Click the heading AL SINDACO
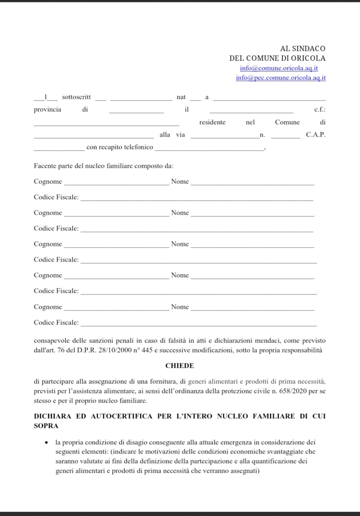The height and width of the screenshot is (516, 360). tap(303, 48)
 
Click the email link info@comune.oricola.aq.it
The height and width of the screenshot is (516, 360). tap(279, 68)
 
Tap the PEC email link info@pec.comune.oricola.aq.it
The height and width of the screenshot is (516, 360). tap(281, 78)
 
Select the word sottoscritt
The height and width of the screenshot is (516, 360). tap(77, 97)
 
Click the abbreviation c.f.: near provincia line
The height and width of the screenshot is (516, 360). tap(320, 110)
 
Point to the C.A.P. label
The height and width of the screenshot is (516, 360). tap(316, 135)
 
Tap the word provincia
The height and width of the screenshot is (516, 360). tap(47, 110)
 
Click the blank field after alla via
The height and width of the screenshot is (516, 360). tap(225, 135)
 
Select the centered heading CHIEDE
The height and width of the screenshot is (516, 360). tap(180, 366)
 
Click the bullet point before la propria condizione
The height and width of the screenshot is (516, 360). tap(47, 443)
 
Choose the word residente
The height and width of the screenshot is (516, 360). tap(212, 123)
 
